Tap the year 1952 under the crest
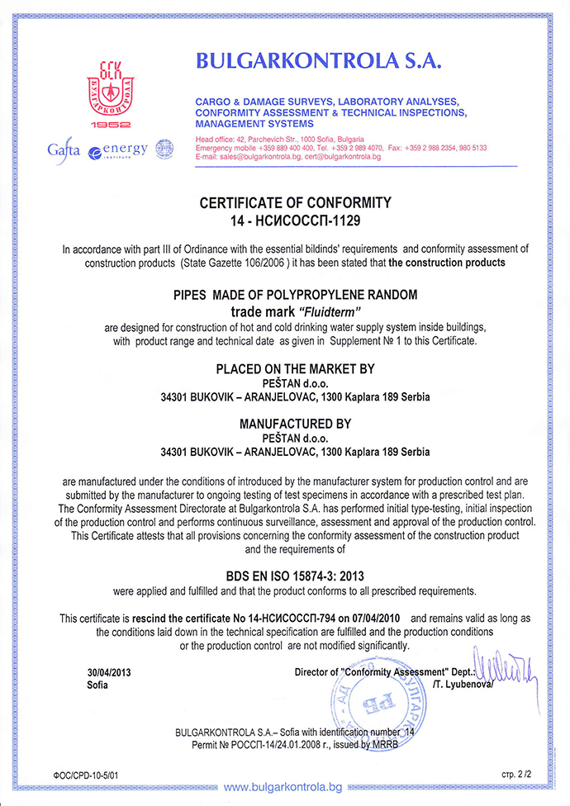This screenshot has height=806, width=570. [110, 126]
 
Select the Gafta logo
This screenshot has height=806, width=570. [64, 151]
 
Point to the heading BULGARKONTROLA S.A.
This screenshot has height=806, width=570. [319, 59]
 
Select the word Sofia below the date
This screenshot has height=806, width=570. [97, 685]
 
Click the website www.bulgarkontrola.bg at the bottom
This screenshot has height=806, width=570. [283, 787]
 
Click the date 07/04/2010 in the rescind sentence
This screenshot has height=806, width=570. [375, 618]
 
